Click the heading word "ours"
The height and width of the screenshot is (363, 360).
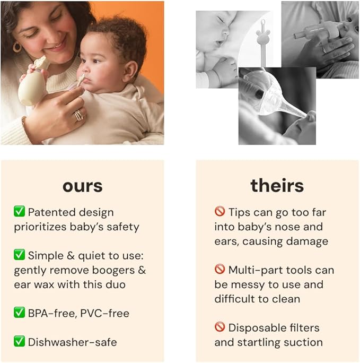(x=82, y=186)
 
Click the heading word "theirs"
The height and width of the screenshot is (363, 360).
(x=277, y=186)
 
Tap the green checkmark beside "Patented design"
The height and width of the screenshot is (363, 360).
(x=20, y=212)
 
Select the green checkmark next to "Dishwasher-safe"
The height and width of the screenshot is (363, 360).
(x=20, y=342)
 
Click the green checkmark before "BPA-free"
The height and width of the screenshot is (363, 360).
(x=20, y=313)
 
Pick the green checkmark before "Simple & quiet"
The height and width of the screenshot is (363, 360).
(x=20, y=255)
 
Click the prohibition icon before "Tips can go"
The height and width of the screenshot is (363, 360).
(x=220, y=212)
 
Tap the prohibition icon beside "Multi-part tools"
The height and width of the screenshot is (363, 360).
(x=220, y=270)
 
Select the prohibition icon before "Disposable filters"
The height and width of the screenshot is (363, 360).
(x=220, y=327)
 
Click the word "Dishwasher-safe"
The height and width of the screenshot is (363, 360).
(x=72, y=342)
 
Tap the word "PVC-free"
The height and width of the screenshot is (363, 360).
(x=104, y=314)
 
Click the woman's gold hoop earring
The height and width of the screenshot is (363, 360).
(x=17, y=48)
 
